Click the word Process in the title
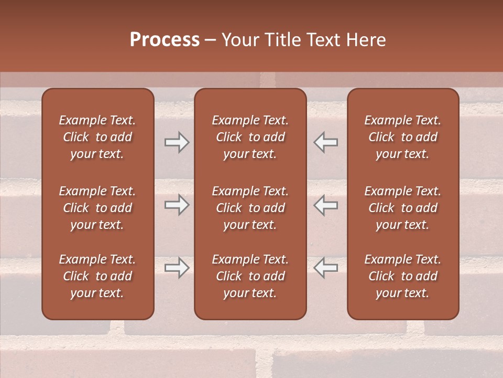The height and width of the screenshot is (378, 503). [165, 39]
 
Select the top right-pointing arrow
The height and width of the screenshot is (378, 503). [177, 142]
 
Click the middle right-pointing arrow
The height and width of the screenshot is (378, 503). [177, 205]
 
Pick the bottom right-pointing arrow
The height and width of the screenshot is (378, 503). [177, 268]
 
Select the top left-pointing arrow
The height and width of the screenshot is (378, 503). [326, 142]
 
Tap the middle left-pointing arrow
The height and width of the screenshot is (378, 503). [326, 205]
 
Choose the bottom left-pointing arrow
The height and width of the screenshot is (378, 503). [326, 268]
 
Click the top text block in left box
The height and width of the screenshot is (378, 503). [97, 137]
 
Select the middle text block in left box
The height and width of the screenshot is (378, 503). [97, 208]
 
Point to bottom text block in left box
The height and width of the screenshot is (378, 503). [97, 276]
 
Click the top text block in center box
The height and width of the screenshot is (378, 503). [250, 137]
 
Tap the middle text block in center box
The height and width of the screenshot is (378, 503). [250, 208]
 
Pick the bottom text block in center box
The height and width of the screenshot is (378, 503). [250, 276]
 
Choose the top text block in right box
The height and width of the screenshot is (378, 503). [403, 137]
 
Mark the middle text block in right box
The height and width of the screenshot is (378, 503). [403, 208]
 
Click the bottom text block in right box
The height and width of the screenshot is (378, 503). [403, 276]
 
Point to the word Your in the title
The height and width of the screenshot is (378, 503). [239, 39]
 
